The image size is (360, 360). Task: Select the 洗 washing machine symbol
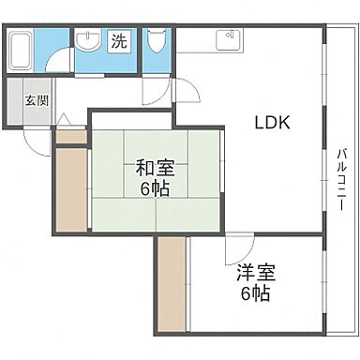[x=118, y=41]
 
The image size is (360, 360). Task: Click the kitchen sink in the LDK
[x=227, y=40]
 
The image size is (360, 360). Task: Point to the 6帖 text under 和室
[x=152, y=187]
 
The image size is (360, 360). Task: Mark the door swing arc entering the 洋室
[x=236, y=251]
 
